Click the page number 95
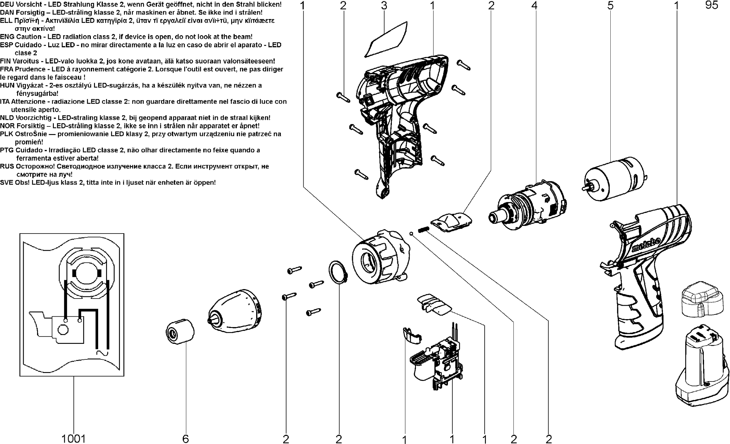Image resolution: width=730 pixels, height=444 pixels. coord(712,5)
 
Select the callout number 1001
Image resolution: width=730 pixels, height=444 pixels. coord(73,439)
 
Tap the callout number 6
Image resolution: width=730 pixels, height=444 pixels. coord(186,439)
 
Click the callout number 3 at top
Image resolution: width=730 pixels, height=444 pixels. coord(384,6)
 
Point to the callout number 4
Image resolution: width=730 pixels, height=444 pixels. coord(534,6)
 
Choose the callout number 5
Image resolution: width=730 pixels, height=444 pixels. coord(610,6)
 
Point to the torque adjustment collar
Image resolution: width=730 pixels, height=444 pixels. coord(380,257)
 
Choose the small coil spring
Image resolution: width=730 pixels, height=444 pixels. coord(423,229)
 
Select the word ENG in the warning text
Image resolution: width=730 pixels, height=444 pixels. coord(7,37)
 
